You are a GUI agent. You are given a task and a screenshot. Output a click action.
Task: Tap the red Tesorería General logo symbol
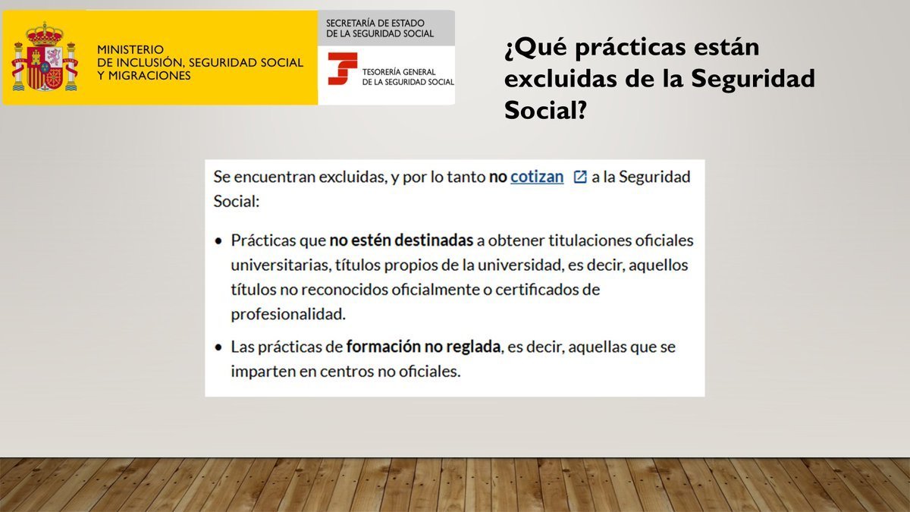tap(342, 69)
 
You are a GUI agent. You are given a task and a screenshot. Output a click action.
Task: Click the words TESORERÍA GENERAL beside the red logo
tap(398, 71)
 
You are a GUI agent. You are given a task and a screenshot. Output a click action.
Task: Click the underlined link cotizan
tap(537, 177)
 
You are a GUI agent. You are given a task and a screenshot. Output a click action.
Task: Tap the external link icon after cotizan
tap(580, 177)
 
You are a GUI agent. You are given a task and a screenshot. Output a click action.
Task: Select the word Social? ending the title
tap(544, 110)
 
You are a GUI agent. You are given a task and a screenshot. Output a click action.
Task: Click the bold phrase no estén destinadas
tap(401, 240)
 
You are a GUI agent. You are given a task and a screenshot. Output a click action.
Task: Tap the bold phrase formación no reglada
tap(423, 347)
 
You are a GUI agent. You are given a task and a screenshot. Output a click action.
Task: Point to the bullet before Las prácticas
tap(218, 347)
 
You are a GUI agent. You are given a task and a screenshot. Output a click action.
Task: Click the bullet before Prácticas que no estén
tap(218, 241)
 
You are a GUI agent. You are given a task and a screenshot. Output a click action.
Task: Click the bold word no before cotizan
tap(497, 177)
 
